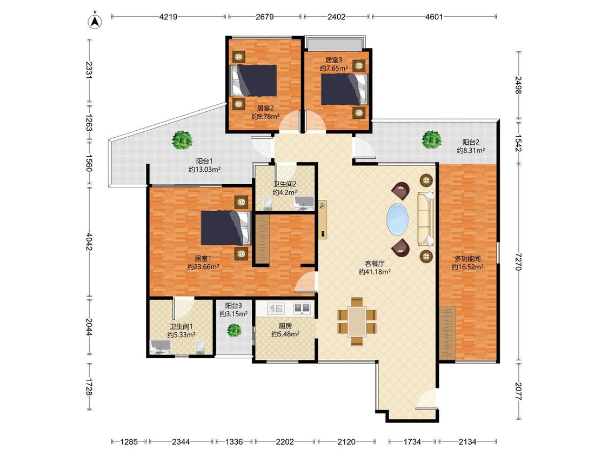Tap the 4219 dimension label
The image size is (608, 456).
point(168,17)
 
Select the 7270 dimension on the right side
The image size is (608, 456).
point(518,261)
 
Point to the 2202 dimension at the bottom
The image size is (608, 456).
point(285,441)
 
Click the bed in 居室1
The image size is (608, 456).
point(225,228)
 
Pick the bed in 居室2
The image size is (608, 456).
point(253,81)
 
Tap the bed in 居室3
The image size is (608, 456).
point(344,89)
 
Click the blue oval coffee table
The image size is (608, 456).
point(397,219)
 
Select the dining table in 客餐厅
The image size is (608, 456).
point(357,321)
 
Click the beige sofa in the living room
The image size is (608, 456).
point(426,219)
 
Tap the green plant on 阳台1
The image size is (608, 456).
point(182,140)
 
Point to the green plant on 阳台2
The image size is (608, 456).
point(432,139)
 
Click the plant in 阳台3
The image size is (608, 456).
point(234,330)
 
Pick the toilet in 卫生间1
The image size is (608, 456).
point(199,347)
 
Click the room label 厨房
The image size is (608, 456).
point(285,326)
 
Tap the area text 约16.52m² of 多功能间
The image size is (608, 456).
point(467,267)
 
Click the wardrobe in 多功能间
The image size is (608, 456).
point(447,332)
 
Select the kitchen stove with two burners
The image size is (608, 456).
point(302,309)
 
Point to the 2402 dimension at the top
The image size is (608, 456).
point(336,17)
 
